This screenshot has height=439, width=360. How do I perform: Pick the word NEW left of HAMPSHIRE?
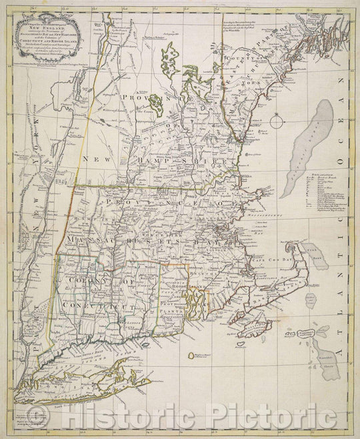(x=101, y=161)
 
